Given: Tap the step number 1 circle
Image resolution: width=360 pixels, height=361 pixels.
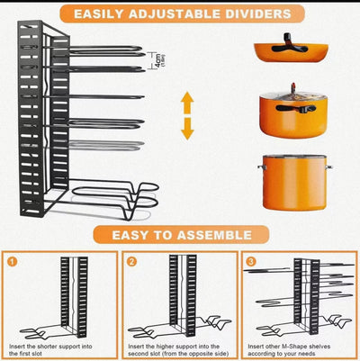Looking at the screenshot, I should point(13,264).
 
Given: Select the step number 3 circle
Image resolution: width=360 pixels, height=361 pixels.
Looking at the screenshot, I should point(251,264).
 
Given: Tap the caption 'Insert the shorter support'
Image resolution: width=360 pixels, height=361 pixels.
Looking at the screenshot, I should point(59,347).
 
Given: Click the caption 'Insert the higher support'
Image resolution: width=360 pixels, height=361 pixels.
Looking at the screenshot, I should point(180,347).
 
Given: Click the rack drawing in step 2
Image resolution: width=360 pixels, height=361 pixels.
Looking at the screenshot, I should point(184,297).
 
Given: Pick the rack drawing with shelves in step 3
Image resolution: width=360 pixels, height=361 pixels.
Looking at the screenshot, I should point(301,297).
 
